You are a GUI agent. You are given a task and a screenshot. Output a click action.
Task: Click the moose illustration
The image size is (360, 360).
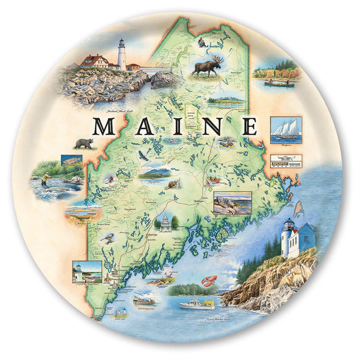point(207,66)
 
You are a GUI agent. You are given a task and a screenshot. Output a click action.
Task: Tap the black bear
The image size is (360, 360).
point(83,143)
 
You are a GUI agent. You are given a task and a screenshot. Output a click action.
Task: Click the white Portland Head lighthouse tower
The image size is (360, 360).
point(122,55)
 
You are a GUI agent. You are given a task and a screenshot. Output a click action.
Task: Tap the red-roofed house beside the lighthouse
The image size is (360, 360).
point(96,61)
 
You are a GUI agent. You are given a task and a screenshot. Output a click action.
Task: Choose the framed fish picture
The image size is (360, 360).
point(71,160)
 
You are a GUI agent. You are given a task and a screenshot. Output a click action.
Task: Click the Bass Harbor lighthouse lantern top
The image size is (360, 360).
point(288,224)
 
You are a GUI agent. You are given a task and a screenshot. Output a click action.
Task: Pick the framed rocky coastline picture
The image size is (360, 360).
point(233,203)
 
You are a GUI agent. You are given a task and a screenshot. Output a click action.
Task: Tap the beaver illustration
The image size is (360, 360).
point(175,184)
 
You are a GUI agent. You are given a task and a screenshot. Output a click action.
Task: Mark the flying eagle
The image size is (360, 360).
point(143,156)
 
